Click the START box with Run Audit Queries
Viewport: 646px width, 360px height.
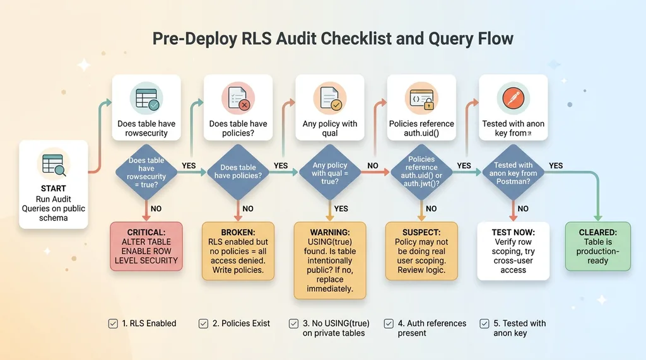coord(53,184)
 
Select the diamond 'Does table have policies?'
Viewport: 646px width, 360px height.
coord(238,171)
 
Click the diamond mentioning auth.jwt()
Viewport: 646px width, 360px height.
coord(421,171)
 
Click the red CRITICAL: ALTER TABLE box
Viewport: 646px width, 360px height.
coord(146,246)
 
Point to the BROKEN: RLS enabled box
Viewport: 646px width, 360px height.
coord(238,251)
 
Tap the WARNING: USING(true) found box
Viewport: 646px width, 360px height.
coord(329,260)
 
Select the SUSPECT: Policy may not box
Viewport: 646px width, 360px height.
coord(421,251)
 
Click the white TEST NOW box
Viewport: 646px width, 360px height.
coord(513,251)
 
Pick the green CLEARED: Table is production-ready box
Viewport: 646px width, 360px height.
coord(597,246)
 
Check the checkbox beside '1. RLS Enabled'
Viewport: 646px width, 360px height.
coord(113,323)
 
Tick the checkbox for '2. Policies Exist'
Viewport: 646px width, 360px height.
coord(204,323)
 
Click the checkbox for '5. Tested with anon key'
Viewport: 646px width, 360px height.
coord(484,323)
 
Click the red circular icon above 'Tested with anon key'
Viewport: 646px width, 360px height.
coord(512,98)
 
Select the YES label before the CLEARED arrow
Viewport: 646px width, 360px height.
coord(556,166)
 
